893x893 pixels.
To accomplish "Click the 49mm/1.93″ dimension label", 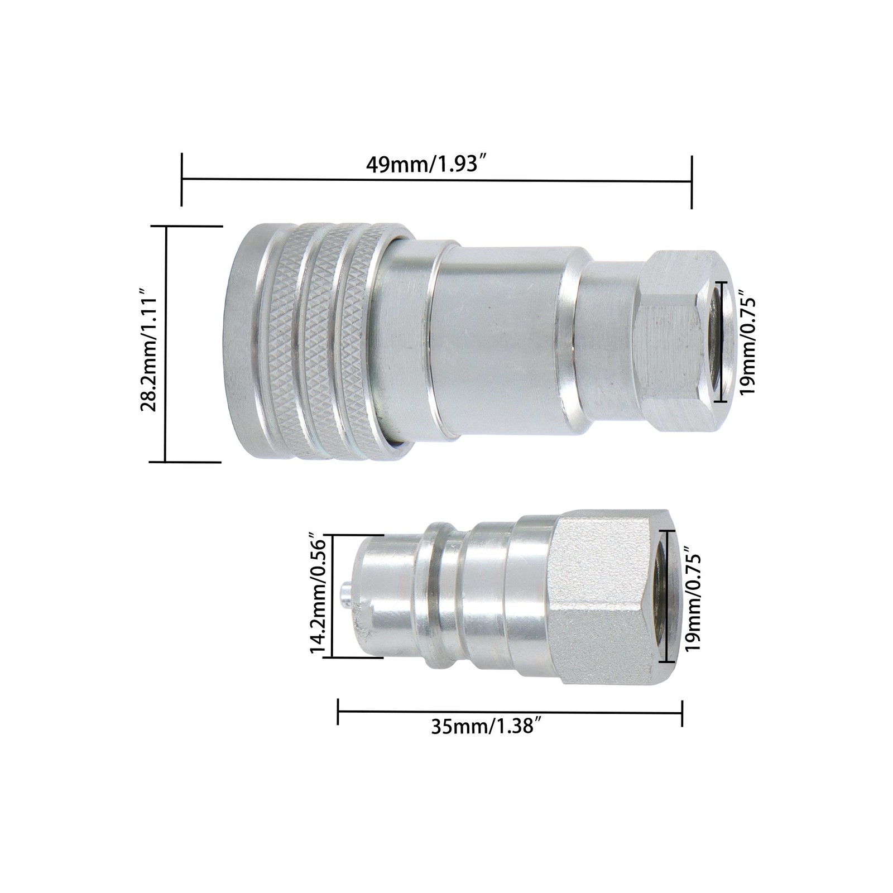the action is tap(424, 165).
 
